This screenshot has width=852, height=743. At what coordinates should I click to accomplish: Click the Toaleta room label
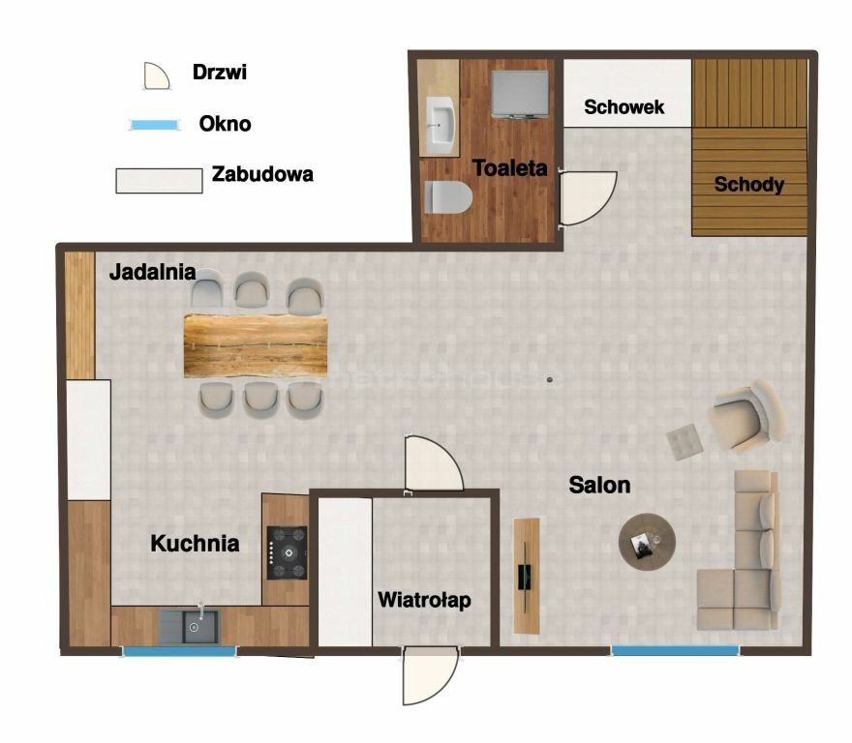[509, 167]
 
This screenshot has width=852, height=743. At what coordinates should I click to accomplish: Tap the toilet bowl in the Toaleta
[448, 197]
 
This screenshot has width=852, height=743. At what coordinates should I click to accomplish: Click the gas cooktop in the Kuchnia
[287, 552]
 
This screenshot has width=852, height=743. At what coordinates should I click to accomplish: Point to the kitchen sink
[190, 627]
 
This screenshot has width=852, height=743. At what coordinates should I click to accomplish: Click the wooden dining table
[256, 345]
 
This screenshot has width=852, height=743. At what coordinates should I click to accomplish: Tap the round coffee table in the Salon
[647, 542]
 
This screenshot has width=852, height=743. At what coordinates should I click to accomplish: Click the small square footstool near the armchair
[685, 441]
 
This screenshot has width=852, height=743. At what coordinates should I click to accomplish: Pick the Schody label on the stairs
[748, 185]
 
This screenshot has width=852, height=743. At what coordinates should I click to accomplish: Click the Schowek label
[624, 107]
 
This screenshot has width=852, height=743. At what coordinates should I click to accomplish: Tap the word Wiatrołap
[424, 600]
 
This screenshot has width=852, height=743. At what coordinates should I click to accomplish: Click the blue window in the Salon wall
[675, 650]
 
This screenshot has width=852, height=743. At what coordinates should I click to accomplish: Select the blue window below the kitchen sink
[178, 651]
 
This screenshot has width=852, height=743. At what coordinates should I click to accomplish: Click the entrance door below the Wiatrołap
[430, 675]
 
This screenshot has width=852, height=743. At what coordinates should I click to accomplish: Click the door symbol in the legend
[157, 76]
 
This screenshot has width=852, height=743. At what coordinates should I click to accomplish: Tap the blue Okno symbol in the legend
[154, 125]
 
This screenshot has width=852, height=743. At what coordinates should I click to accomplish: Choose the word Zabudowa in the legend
[262, 174]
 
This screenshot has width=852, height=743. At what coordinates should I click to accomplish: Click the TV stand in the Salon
[527, 576]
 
